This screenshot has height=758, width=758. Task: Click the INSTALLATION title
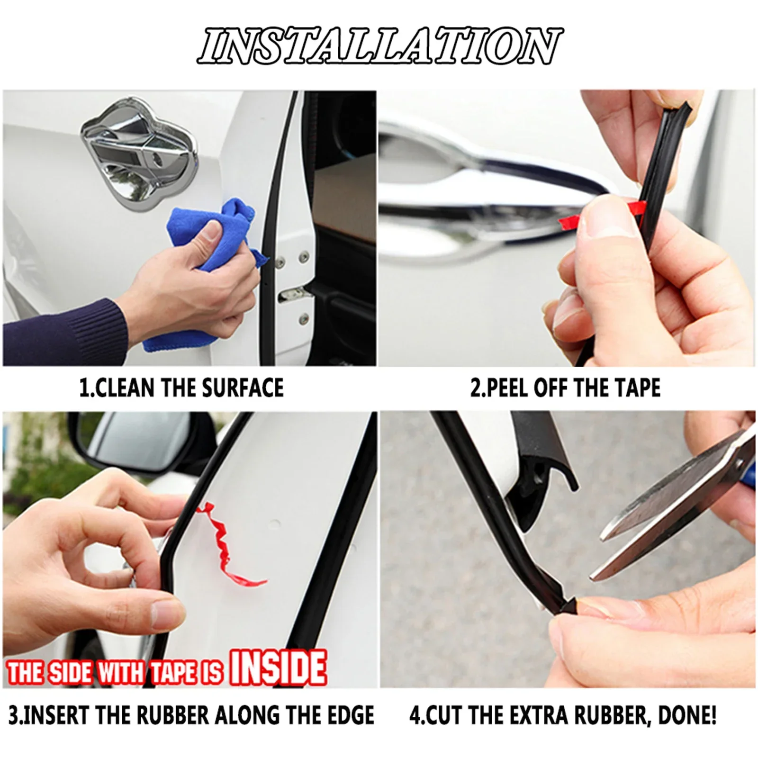[x=379, y=46]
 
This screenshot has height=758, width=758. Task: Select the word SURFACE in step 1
[x=243, y=388]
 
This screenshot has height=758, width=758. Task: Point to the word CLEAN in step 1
[x=123, y=388]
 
